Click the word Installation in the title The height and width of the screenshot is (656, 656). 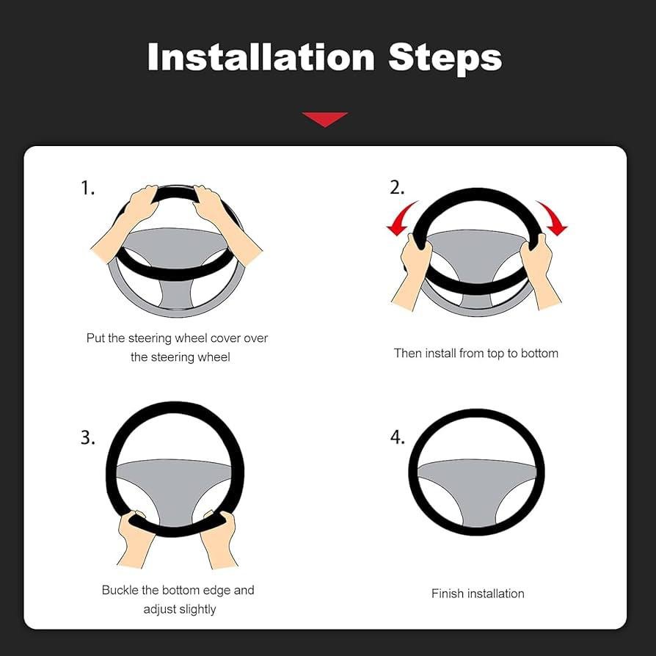pos(261,57)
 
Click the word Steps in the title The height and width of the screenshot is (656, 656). pos(445,59)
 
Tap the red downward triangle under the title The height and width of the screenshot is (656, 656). pos(325,119)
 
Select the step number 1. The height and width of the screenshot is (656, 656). pos(87,188)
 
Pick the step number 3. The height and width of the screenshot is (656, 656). pos(88,437)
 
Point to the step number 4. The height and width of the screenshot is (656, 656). pos(397,437)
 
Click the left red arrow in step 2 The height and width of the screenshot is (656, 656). pos(401,219)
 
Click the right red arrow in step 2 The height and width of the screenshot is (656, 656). pos(553,219)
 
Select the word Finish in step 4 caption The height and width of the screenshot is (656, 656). pos(447,593)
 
